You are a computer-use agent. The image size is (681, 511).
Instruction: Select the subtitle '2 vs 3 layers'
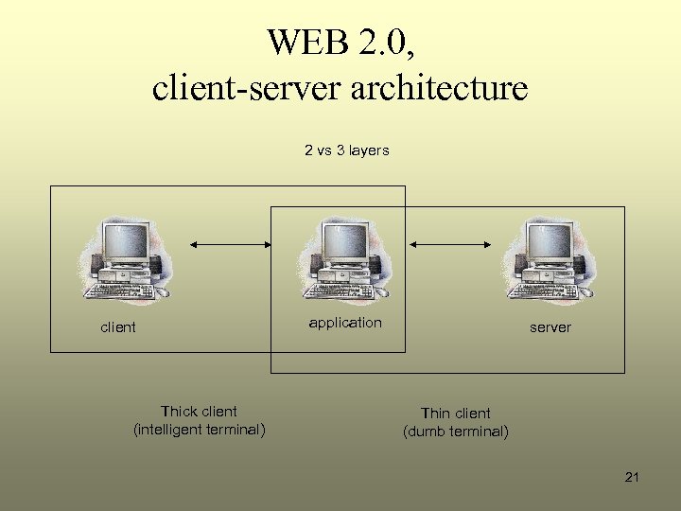pyautogui.click(x=346, y=150)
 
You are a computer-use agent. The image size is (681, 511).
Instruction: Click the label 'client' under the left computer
pyautogui.click(x=118, y=327)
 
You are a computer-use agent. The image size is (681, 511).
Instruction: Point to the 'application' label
pyautogui.click(x=345, y=323)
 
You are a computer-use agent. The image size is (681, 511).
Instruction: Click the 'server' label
pyautogui.click(x=550, y=327)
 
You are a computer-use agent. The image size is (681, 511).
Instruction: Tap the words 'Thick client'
pyautogui.click(x=199, y=412)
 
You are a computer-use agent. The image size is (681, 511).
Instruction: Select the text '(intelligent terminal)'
pyautogui.click(x=200, y=430)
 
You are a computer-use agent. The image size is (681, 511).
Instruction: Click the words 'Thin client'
pyautogui.click(x=456, y=414)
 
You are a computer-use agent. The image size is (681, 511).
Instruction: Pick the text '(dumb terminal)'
pyautogui.click(x=456, y=432)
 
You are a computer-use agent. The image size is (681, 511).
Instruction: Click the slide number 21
pyautogui.click(x=632, y=477)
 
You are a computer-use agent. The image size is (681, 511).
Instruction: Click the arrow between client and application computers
pyautogui.click(x=231, y=244)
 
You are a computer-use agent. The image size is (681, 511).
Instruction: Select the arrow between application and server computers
pyautogui.click(x=451, y=244)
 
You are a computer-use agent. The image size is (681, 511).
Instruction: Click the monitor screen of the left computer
pyautogui.click(x=125, y=240)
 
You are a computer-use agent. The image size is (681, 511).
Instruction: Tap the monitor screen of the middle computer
pyautogui.click(x=339, y=240)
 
